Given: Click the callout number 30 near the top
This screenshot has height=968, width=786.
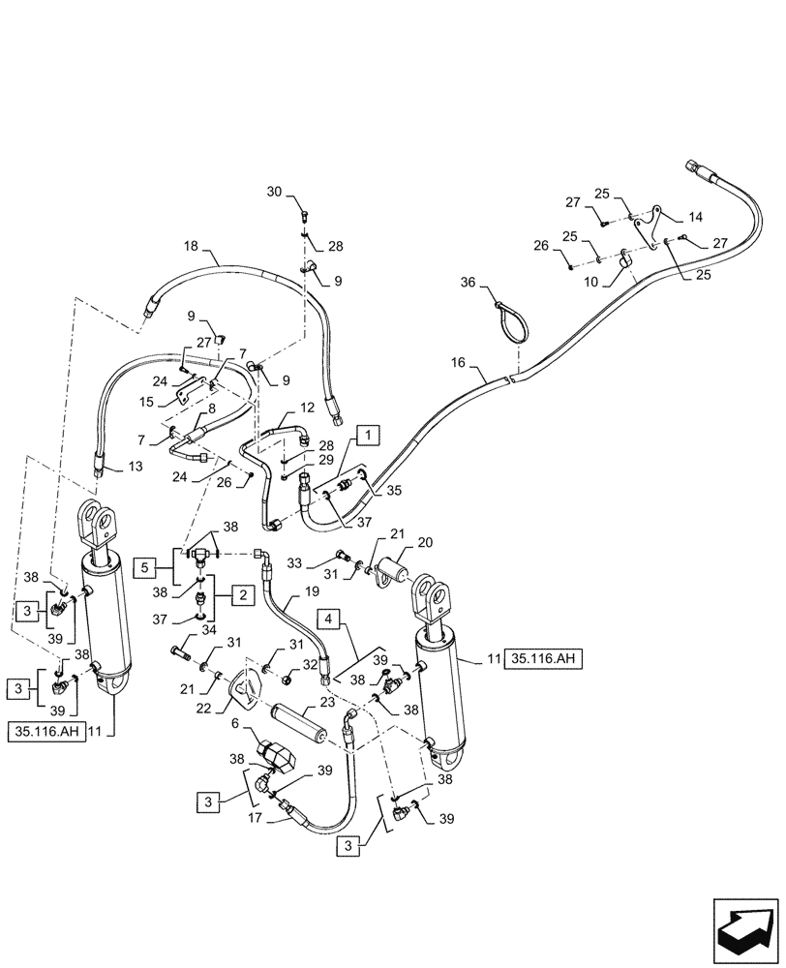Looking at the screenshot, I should [274, 193].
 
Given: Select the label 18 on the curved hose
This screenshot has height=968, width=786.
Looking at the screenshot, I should [189, 246].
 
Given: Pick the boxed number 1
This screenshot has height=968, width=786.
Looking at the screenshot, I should [369, 436].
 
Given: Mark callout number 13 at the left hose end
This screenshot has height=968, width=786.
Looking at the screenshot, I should [135, 468].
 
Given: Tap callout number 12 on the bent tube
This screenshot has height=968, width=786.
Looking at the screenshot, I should [306, 408].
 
